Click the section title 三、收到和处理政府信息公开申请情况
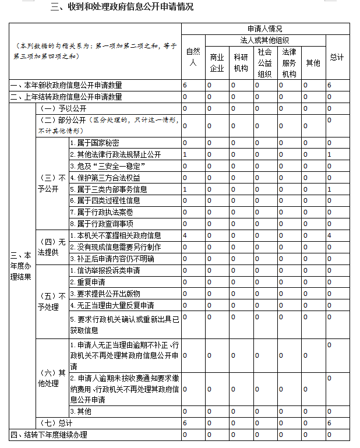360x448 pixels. (x=122, y=8)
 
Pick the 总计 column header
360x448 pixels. (x=337, y=57)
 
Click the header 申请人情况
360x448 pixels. (x=265, y=29)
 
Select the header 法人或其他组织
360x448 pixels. (x=265, y=40)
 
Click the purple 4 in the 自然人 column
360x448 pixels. (x=185, y=235)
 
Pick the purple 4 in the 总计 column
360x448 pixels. (x=329, y=235)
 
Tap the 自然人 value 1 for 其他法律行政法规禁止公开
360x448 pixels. (x=185, y=154)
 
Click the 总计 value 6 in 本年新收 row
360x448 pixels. (x=329, y=85)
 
